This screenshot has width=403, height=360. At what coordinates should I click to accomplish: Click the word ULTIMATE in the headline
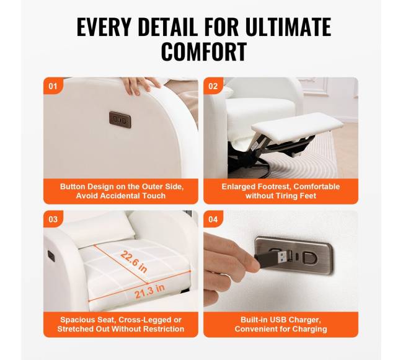coord(288,27)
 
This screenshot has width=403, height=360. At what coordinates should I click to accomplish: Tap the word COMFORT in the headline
coord(204,51)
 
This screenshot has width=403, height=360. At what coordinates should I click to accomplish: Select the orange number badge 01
coord(53,86)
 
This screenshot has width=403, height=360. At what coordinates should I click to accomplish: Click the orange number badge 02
coord(213,86)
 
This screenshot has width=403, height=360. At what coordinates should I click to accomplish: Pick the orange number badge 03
coord(53,219)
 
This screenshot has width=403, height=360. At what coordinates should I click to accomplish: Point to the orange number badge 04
coord(213,219)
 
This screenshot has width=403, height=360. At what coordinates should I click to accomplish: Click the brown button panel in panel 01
coord(120,120)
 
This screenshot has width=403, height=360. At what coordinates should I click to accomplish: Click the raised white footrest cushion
coord(297,126)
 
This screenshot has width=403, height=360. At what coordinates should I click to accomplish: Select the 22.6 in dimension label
coord(134,261)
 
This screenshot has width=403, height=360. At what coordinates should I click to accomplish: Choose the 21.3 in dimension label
coord(149,291)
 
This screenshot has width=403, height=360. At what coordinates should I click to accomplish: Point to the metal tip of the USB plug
coord(282,256)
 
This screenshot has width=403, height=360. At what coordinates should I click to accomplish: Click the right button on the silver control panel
coord(309,258)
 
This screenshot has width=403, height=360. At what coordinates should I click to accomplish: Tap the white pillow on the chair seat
coord(100,230)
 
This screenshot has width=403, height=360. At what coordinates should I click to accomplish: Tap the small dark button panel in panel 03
coord(51,255)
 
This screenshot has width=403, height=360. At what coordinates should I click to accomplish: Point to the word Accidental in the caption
coord(120,196)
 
